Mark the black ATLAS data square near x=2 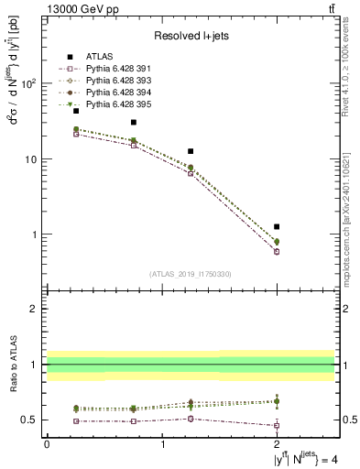pyautogui.click(x=277, y=226)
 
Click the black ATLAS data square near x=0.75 pyautogui.click(x=133, y=122)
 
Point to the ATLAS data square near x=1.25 pyautogui.click(x=191, y=151)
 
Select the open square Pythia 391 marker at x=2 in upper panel pyautogui.click(x=277, y=252)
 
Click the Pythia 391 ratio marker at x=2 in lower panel pyautogui.click(x=277, y=425)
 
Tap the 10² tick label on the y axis pyautogui.click(x=28, y=83)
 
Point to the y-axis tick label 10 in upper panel pyautogui.click(x=30, y=159)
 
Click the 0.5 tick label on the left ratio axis pyautogui.click(x=29, y=420)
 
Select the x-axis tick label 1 pyautogui.click(x=162, y=444)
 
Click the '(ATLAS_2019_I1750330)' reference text pyautogui.click(x=190, y=274)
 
